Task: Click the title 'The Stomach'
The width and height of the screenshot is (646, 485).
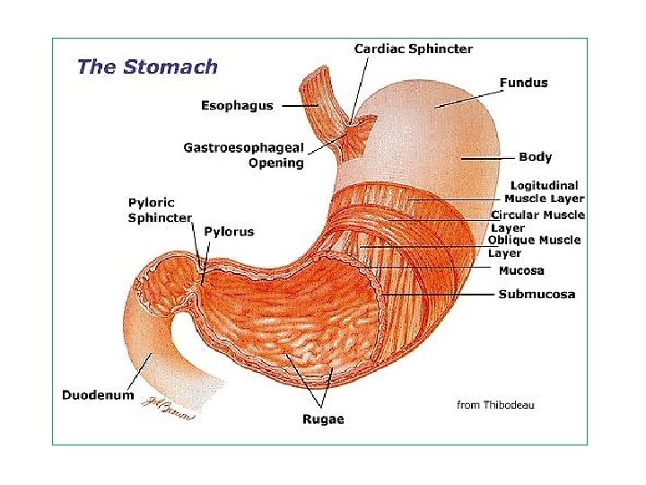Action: point(147,66)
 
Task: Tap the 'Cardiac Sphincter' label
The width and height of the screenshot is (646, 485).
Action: point(414,48)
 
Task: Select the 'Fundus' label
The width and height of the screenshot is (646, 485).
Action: point(523,83)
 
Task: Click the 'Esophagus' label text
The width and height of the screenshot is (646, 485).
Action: point(237,106)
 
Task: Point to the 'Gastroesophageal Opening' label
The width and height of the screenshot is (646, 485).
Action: point(244,154)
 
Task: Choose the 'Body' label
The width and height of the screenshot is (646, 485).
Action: point(535,157)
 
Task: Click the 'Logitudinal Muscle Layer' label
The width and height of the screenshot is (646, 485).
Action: point(544,192)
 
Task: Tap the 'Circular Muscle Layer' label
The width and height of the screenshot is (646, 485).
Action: point(537,221)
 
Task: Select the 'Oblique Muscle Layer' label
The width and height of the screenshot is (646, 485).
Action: point(535,246)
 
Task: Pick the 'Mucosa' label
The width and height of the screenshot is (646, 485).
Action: point(521,270)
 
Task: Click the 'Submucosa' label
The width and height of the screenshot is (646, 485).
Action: point(537,294)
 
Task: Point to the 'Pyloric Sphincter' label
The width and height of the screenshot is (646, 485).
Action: point(160,210)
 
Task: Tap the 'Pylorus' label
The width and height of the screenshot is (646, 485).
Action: point(229,232)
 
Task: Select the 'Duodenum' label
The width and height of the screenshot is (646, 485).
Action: point(98,394)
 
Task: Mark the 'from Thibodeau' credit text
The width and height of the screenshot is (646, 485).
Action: point(495,405)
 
